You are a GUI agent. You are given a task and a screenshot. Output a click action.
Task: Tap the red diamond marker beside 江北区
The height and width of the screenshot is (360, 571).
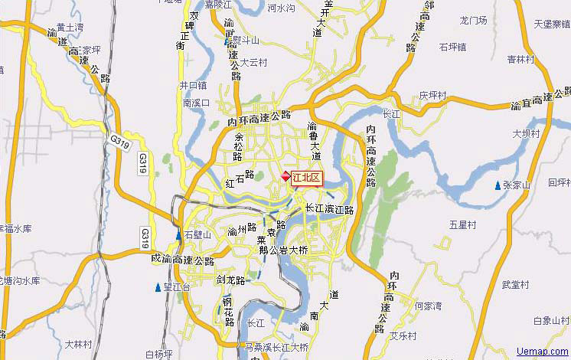286,177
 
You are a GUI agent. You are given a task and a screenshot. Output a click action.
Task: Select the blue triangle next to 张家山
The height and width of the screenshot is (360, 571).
498,185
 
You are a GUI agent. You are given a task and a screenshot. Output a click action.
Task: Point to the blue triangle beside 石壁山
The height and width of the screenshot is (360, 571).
178,235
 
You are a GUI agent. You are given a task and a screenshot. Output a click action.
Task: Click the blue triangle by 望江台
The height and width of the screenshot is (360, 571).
158,288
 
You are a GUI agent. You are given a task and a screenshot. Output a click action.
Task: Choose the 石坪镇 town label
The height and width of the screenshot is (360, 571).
453,47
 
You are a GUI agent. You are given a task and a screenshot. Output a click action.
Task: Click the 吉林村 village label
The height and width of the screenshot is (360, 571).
520,58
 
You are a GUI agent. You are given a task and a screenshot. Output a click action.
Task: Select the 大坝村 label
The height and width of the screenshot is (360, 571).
526,133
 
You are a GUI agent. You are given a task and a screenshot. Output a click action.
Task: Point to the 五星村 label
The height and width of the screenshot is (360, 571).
462,225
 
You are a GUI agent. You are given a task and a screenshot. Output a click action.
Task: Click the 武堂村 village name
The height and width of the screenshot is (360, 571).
514,284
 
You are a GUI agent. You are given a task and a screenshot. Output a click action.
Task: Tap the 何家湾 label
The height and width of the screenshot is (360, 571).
429,306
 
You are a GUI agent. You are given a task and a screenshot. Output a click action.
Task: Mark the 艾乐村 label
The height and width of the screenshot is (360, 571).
403,336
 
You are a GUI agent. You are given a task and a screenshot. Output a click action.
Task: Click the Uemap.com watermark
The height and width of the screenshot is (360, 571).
542,352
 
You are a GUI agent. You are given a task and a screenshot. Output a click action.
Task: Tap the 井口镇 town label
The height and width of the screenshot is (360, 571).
193,85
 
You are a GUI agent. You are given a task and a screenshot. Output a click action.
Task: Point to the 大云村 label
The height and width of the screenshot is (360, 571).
253,63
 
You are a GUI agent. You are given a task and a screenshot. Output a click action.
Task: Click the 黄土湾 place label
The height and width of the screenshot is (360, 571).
70,27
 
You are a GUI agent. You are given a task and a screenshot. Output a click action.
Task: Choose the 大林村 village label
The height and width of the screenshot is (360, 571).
79,343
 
